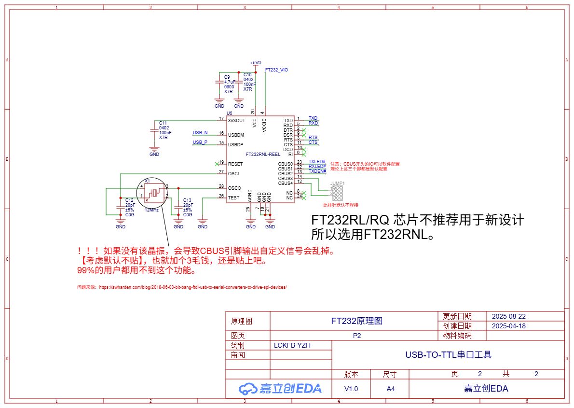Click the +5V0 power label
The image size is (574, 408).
pyautogui.click(x=256, y=63)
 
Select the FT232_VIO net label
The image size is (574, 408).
pyautogui.click(x=277, y=70)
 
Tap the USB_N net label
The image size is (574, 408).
pyautogui.click(x=200, y=133)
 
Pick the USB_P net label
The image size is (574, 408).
pyautogui.click(x=200, y=142)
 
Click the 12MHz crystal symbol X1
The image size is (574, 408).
pyautogui.click(x=153, y=193)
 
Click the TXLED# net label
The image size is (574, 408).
pyautogui.click(x=317, y=162)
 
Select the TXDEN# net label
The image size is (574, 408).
pyautogui.click(x=317, y=171)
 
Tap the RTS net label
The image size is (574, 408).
pyautogui.click(x=313, y=138)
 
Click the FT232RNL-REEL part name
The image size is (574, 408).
pyautogui.click(x=263, y=155)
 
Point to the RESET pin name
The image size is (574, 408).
pyautogui.click(x=235, y=164)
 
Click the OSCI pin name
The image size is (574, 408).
pyautogui.click(x=233, y=173)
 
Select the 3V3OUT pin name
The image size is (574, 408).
pyautogui.click(x=237, y=120)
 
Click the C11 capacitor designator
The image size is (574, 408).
pyautogui.click(x=163, y=123)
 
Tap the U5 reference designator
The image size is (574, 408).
pyautogui.click(x=229, y=113)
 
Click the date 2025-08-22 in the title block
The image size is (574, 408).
pyautogui.click(x=508, y=317)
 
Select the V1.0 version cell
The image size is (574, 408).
pyautogui.click(x=351, y=389)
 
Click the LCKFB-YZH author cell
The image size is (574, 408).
pyautogui.click(x=292, y=345)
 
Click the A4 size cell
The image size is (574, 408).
pyautogui.click(x=391, y=389)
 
